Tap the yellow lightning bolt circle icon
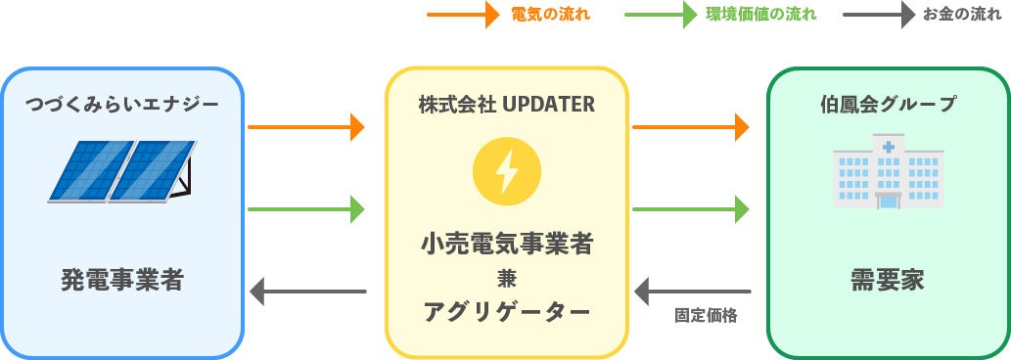pyautogui.click(x=506, y=170)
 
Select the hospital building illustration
pyautogui.click(x=889, y=174)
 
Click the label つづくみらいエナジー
pyautogui.click(x=121, y=103)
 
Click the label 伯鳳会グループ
pyautogui.click(x=889, y=103)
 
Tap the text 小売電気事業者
pyautogui.click(x=506, y=243)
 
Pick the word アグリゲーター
pyautogui.click(x=506, y=312)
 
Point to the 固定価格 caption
pyautogui.click(x=706, y=316)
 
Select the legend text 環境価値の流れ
pyautogui.click(x=760, y=15)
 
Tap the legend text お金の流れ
pyautogui.click(x=962, y=15)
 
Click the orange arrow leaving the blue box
pyautogui.click(x=306, y=126)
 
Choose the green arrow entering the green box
pyautogui.click(x=691, y=208)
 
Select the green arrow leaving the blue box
pyautogui.click(x=306, y=208)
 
